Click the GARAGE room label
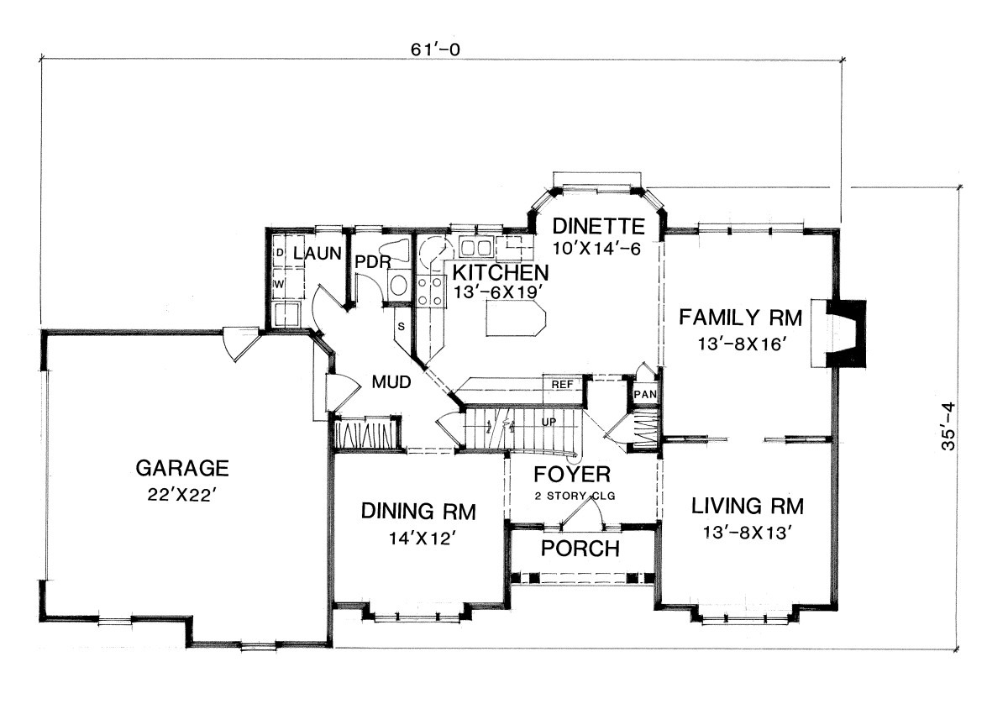point(182,468)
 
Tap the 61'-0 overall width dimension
point(436,50)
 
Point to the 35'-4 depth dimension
point(948,426)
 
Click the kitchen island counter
point(516,318)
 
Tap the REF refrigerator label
point(563,385)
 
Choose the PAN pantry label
point(645,394)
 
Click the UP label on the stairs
point(549,423)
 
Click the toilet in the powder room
point(394,250)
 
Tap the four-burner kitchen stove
point(430,292)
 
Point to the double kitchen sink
point(475,248)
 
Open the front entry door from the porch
point(582,513)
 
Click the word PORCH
point(580,549)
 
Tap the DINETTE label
point(598,226)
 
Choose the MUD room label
point(391,382)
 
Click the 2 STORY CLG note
point(575,496)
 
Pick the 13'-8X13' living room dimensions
point(747,533)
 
